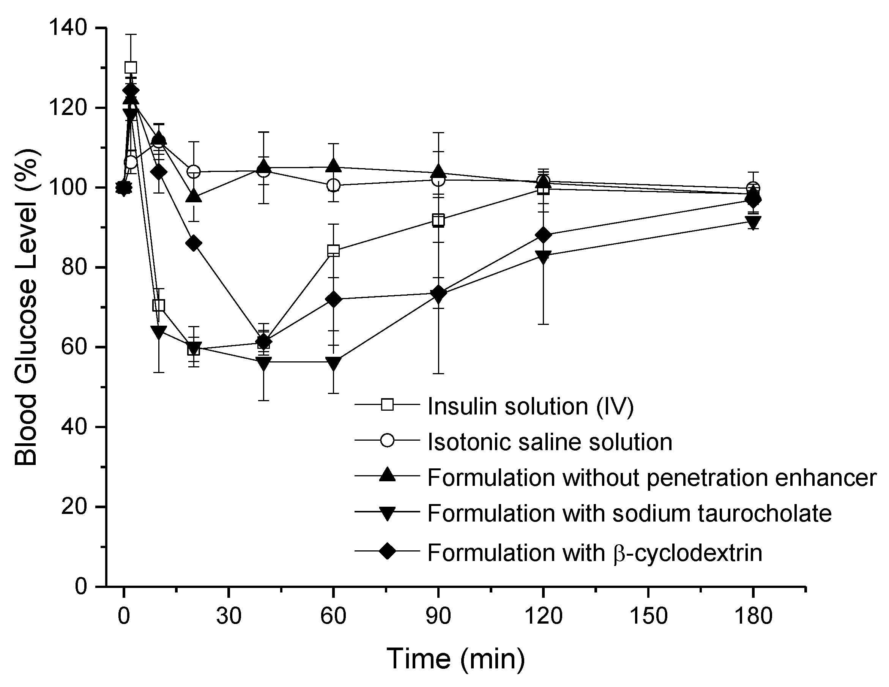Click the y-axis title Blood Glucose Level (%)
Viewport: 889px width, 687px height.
tap(26, 307)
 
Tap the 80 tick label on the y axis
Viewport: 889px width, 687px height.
tap(74, 267)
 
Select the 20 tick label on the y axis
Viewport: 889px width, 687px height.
tap(74, 507)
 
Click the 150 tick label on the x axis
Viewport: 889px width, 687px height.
tap(648, 616)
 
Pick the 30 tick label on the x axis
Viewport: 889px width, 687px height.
tap(229, 616)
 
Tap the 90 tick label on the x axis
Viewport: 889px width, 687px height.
tap(438, 616)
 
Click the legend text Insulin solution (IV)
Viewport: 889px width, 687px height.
tap(530, 406)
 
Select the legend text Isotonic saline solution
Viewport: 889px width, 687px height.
tap(550, 441)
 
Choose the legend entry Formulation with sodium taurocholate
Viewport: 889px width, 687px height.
tap(629, 513)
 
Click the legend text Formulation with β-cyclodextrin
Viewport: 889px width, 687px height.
tap(594, 553)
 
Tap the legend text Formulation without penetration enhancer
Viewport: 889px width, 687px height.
tap(652, 477)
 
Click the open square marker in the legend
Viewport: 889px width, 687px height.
tap(387, 405)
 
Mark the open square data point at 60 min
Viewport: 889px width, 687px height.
tap(333, 250)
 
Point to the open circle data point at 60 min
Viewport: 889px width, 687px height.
tap(333, 185)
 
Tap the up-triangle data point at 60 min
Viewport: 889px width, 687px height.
tap(333, 165)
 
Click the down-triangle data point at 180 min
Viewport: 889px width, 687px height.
tap(753, 221)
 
